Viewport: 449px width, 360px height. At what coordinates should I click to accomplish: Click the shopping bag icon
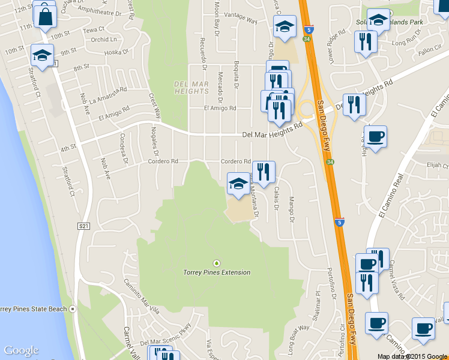click(45, 16)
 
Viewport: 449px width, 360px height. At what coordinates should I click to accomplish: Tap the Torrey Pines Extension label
click(217, 272)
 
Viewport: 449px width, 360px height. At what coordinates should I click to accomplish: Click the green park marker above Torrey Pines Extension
click(217, 263)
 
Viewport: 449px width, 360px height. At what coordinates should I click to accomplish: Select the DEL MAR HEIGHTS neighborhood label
click(191, 88)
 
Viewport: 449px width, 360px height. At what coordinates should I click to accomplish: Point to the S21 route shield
click(83, 226)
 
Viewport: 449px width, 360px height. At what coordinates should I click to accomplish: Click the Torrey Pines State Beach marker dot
click(73, 309)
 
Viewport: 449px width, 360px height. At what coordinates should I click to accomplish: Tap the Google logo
click(21, 350)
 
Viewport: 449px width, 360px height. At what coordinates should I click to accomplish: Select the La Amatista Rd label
click(108, 95)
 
